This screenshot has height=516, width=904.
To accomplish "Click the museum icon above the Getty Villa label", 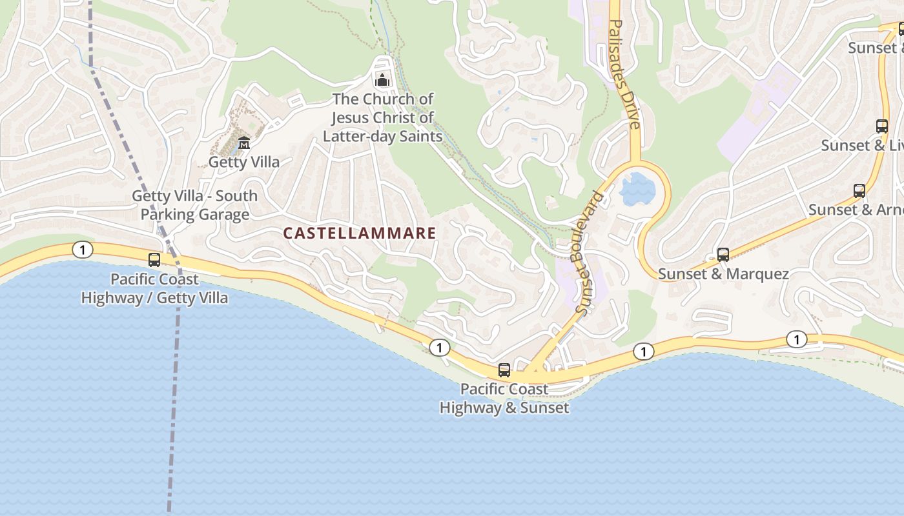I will click(244, 143).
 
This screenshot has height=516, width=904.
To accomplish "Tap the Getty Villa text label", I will click(244, 162).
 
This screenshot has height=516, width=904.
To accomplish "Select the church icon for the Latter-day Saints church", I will click(382, 81).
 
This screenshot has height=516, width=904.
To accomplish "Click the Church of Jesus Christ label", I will click(382, 117).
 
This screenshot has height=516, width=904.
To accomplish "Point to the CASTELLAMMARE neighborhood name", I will click(360, 233).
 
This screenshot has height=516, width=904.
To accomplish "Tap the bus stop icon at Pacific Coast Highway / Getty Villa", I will click(154, 260).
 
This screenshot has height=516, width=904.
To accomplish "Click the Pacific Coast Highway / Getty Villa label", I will click(154, 288).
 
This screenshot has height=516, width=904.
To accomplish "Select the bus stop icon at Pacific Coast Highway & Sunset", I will click(504, 370).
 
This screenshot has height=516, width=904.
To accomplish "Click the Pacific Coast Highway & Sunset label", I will click(504, 398).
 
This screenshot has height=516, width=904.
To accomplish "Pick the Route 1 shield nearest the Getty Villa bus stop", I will click(82, 250).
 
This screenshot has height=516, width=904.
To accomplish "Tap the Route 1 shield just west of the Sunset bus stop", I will click(439, 348).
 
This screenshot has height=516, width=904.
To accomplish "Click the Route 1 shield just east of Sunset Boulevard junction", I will click(643, 352).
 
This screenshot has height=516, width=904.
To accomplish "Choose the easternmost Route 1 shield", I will click(796, 339).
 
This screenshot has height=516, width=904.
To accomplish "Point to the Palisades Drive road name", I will click(624, 74).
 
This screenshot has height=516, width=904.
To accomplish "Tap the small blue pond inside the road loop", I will click(637, 188).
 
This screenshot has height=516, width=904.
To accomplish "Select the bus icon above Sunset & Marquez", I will click(723, 255).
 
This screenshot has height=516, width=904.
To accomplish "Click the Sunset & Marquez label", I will click(723, 274).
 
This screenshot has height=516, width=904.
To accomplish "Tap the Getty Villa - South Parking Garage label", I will click(194, 205).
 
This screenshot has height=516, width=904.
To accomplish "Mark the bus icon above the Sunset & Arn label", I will click(859, 191).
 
